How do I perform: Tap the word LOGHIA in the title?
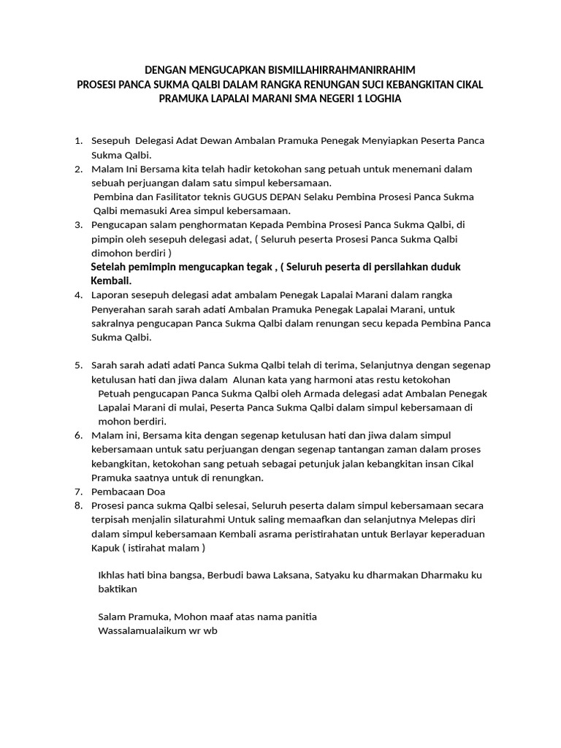[x=377, y=98]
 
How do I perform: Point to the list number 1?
[x=78, y=140]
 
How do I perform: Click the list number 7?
[x=78, y=492]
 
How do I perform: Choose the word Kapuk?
[x=104, y=548]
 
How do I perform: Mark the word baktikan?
[x=117, y=589]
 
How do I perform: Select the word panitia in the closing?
[x=299, y=617]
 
